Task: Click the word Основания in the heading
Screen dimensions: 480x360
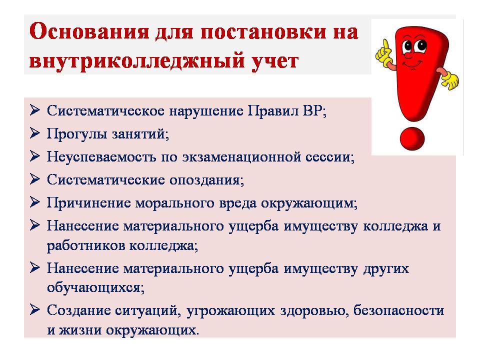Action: [89, 32]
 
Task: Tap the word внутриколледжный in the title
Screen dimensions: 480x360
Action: [137, 60]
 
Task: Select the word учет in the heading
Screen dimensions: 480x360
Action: [274, 61]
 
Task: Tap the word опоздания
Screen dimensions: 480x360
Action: [206, 180]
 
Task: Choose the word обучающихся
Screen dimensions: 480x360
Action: [95, 288]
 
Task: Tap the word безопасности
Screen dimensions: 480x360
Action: [398, 310]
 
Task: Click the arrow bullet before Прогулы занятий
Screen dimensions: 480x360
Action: [35, 133]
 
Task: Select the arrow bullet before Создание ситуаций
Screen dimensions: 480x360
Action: [35, 310]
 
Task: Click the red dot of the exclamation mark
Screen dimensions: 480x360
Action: [412, 138]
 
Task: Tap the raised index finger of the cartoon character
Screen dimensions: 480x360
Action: [386, 44]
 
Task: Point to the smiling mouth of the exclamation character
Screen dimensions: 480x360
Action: [411, 64]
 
